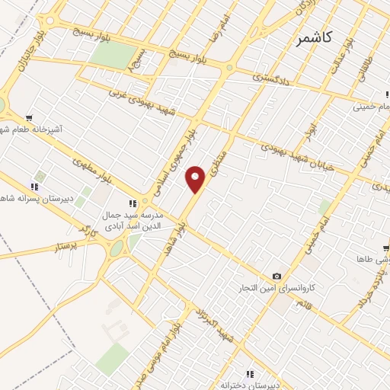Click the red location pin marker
[x=196, y=180]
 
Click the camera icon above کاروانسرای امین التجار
[x=277, y=276]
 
